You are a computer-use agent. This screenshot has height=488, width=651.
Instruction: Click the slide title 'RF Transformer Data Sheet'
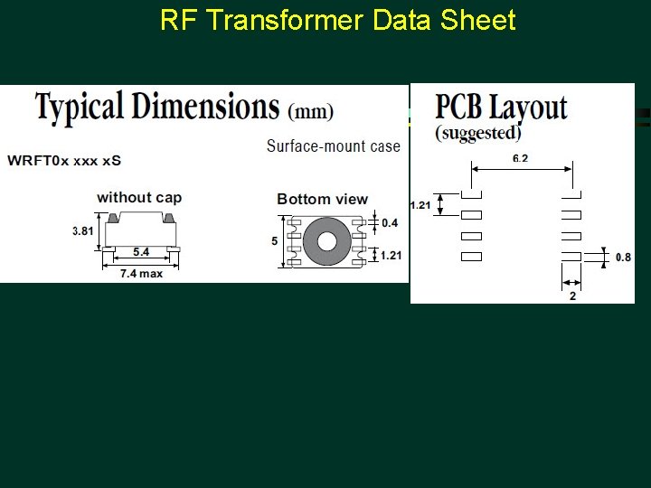[337, 20]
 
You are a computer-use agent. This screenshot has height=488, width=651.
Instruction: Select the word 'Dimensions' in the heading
[213, 107]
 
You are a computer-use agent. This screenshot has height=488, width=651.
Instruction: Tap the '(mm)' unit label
[309, 113]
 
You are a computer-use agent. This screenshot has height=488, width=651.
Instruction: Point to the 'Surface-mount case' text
[333, 145]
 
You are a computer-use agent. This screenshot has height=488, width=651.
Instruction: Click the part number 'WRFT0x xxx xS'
[64, 161]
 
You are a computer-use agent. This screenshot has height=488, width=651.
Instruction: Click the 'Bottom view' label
[322, 199]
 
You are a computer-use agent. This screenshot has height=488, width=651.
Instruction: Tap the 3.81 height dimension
[83, 231]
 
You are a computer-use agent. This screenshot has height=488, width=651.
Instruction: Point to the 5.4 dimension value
[141, 252]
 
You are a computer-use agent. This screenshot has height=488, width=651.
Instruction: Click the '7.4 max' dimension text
[142, 273]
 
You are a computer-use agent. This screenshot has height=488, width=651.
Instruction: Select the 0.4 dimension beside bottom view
[390, 222]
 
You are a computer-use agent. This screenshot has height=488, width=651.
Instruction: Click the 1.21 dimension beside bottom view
[391, 256]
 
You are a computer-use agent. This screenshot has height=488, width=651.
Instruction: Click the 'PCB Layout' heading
[501, 108]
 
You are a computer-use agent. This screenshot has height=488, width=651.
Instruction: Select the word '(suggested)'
[478, 133]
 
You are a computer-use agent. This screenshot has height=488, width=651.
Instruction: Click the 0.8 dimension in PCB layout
[623, 257]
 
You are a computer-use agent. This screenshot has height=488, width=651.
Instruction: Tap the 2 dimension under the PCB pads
[572, 296]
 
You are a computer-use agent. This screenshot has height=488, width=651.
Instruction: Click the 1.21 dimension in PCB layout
[420, 205]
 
